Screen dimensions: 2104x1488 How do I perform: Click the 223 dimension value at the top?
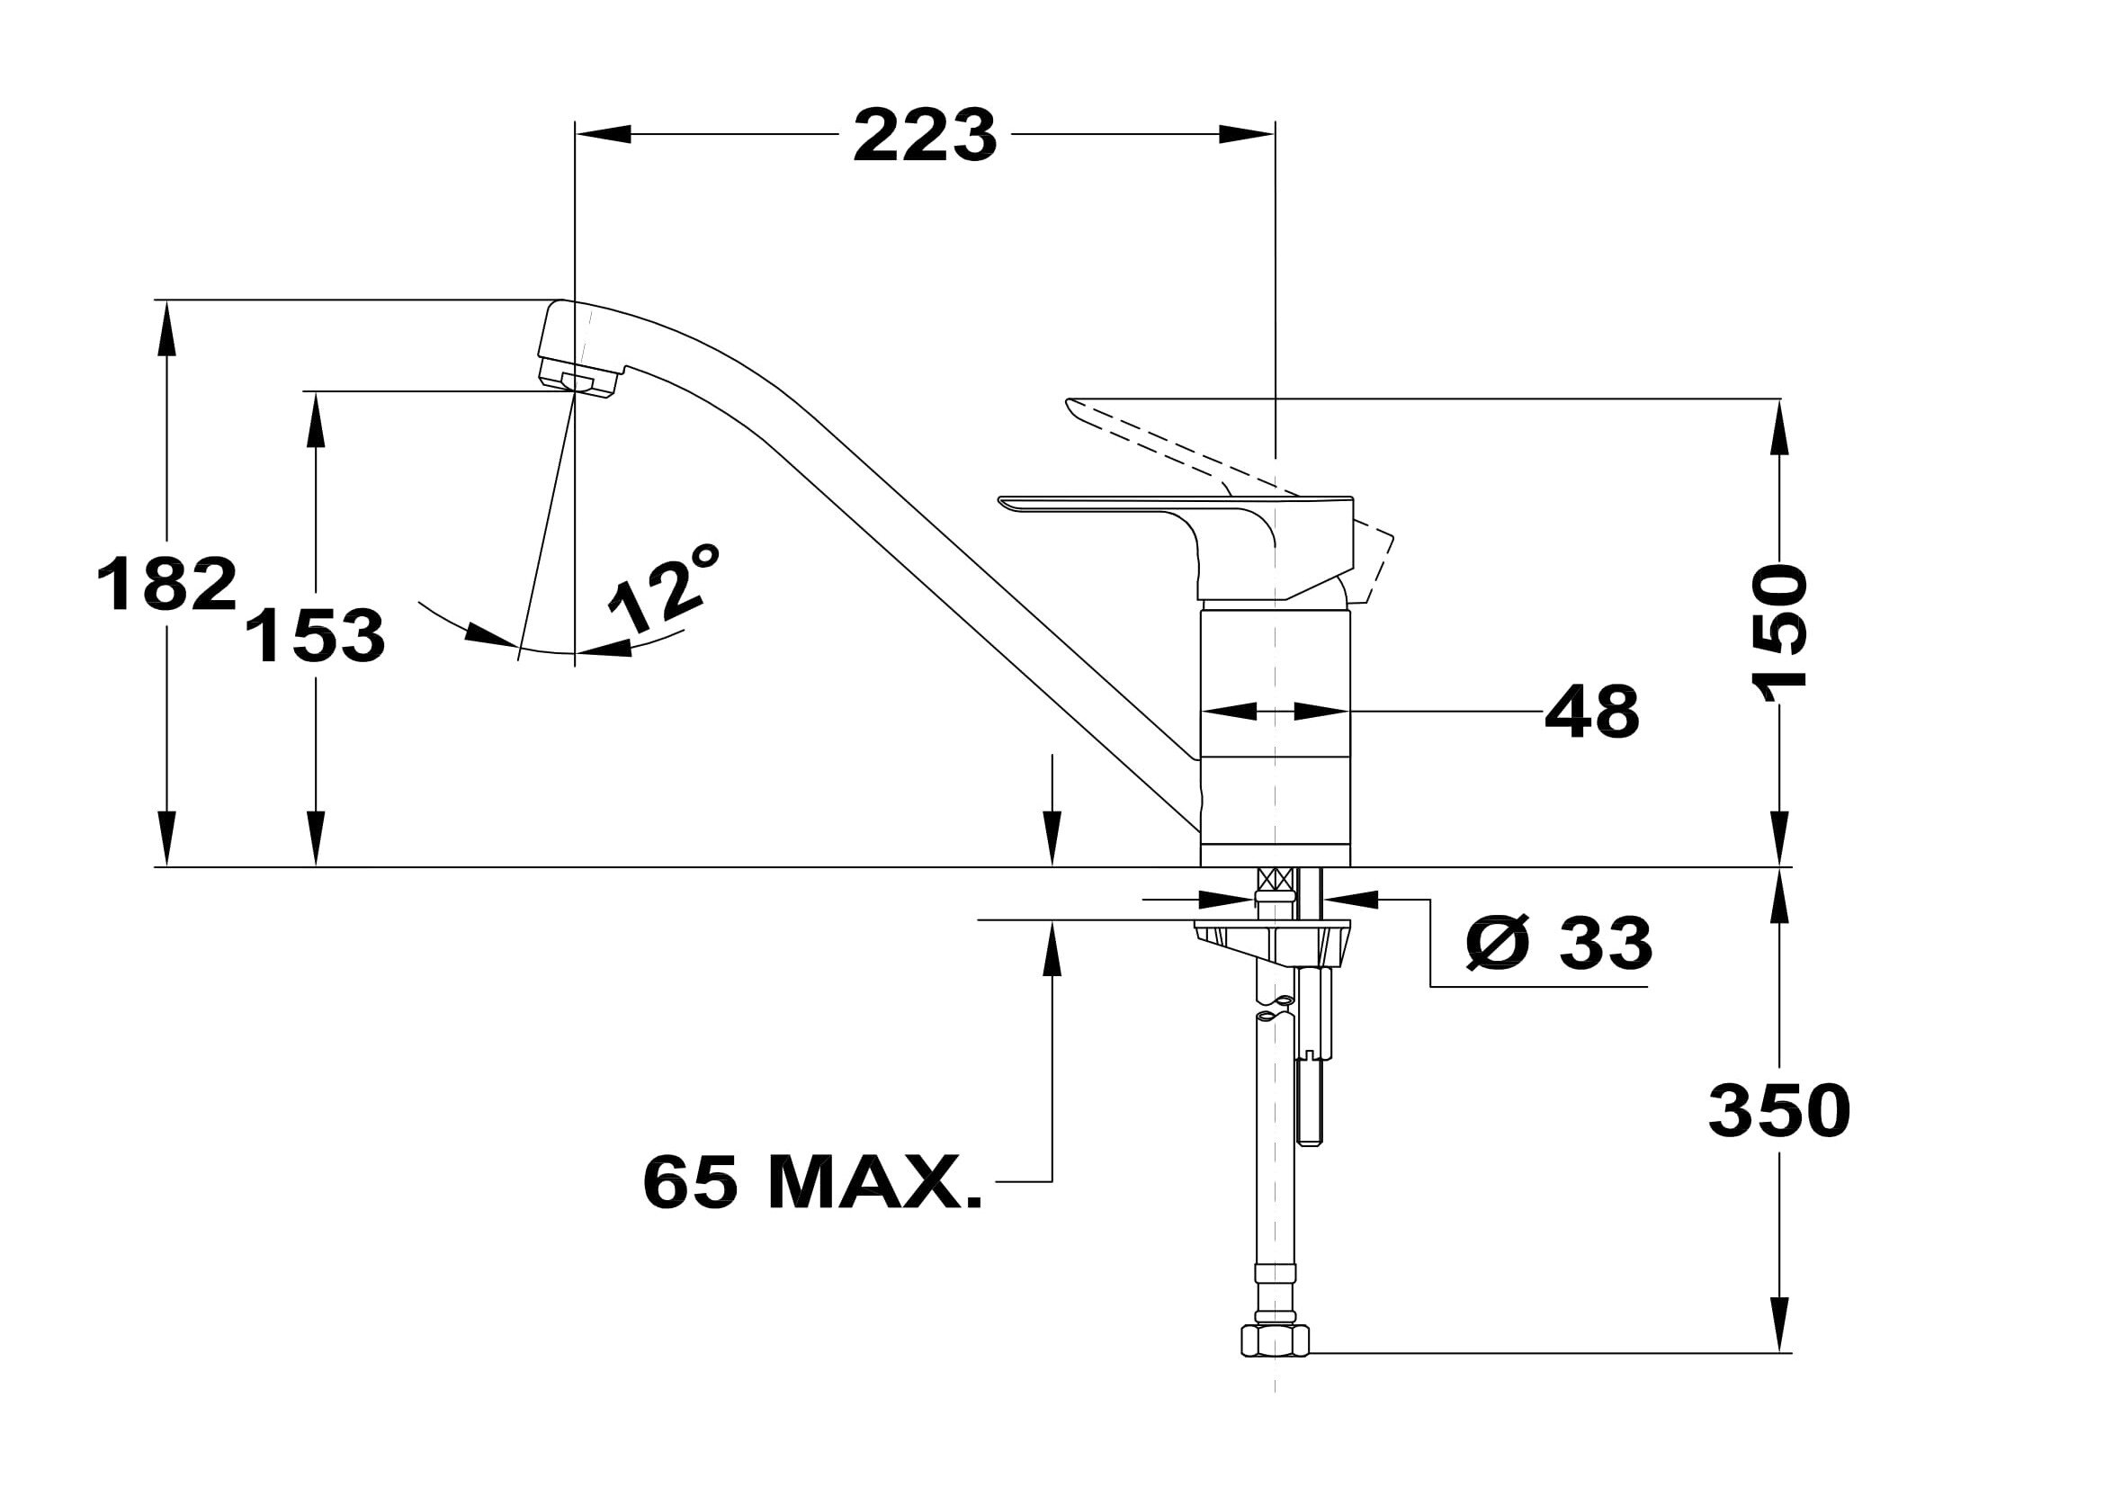click(x=925, y=136)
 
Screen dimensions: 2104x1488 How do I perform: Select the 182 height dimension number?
click(x=166, y=584)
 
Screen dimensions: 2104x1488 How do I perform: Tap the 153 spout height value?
click(x=316, y=635)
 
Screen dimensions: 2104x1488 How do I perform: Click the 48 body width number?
click(x=1592, y=711)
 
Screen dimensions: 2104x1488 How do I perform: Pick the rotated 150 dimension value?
click(x=1778, y=633)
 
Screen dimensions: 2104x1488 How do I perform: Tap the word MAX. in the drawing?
click(x=876, y=1182)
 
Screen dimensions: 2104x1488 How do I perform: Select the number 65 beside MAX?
click(x=691, y=1182)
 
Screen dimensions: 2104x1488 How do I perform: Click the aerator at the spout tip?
click(x=578, y=379)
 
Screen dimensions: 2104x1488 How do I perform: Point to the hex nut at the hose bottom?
click(x=1275, y=1340)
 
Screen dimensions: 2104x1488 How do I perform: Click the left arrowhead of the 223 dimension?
click(x=603, y=135)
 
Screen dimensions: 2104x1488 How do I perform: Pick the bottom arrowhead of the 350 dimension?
click(x=1779, y=1324)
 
